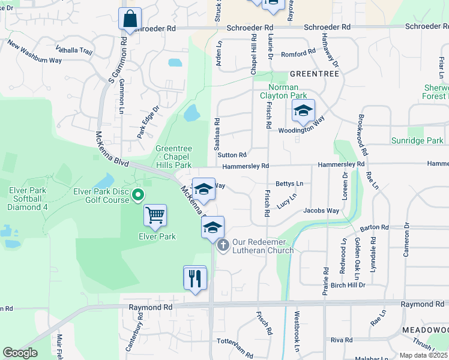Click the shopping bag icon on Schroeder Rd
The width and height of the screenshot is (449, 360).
[x=130, y=19]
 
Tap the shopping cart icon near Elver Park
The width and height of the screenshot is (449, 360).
[x=155, y=215]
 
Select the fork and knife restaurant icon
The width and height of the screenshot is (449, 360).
[x=195, y=278]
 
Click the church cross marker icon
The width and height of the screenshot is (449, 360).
[x=223, y=245]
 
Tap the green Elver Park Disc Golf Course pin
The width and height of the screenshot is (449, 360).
[x=137, y=194]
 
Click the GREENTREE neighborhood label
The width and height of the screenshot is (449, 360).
[x=314, y=73]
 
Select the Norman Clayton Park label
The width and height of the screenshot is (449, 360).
[x=283, y=91]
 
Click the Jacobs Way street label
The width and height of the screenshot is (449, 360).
[x=321, y=211]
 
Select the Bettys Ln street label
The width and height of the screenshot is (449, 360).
[x=289, y=184]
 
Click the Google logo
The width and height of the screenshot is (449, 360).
[x=20, y=353]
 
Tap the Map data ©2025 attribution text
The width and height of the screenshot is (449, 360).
[x=423, y=355]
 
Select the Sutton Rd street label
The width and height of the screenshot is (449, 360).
[x=232, y=155]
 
